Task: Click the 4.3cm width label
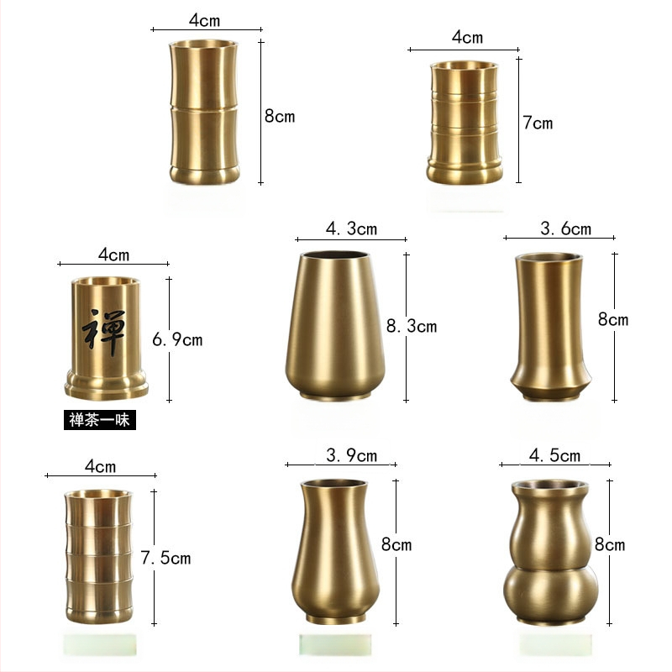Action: [351, 228]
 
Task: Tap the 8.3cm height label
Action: [412, 326]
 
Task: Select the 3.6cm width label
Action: [565, 228]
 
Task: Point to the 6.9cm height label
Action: [177, 340]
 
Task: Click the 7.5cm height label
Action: [165, 558]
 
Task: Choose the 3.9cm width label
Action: [351, 455]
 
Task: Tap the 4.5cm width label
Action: [554, 455]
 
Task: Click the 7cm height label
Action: [538, 123]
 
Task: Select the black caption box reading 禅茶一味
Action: [100, 420]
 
